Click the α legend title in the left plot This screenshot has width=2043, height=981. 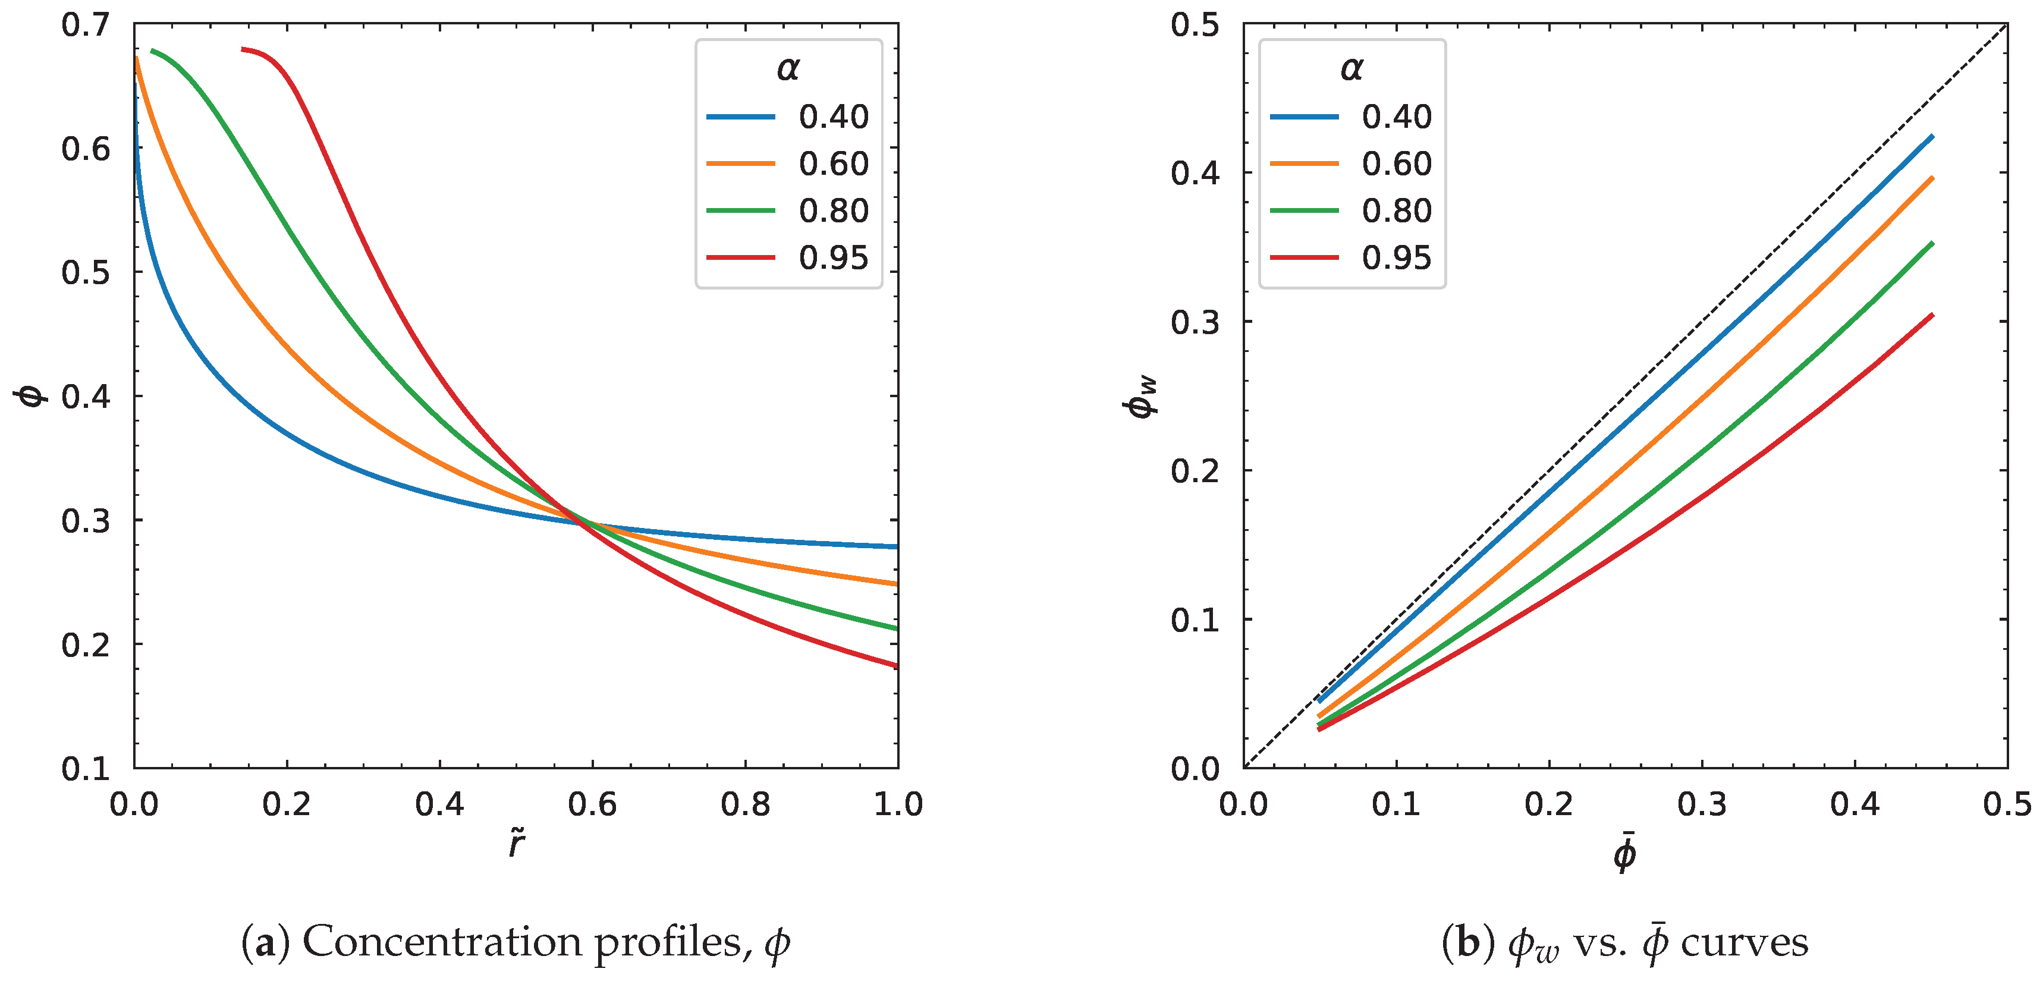(788, 69)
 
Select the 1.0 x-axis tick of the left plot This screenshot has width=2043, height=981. (898, 804)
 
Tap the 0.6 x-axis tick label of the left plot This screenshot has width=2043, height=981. (592, 804)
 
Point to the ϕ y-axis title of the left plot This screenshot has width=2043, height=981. (32, 395)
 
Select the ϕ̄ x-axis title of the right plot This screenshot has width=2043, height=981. (1624, 853)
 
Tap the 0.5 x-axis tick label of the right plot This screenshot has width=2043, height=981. (2007, 804)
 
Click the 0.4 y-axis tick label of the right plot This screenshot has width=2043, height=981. (1195, 173)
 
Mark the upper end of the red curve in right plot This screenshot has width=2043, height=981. (1932, 316)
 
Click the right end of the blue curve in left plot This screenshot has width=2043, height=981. (896, 546)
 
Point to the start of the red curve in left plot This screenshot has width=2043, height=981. (243, 49)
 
